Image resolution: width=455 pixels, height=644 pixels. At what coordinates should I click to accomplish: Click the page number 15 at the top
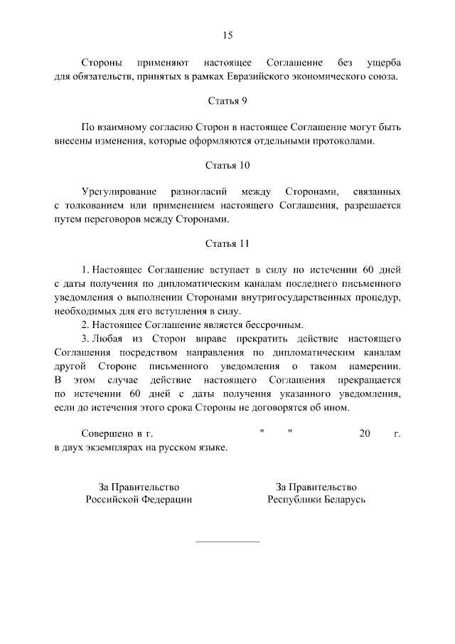(227, 36)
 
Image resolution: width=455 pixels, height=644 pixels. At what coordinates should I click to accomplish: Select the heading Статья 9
(227, 101)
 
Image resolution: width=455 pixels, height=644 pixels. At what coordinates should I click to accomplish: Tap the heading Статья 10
(227, 167)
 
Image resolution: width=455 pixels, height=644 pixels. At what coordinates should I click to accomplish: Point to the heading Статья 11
(227, 244)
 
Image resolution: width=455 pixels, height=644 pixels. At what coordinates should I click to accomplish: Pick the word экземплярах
(120, 446)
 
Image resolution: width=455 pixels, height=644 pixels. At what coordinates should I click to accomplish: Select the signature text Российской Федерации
(139, 500)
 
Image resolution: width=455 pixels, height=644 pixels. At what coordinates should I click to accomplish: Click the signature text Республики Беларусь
(316, 500)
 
